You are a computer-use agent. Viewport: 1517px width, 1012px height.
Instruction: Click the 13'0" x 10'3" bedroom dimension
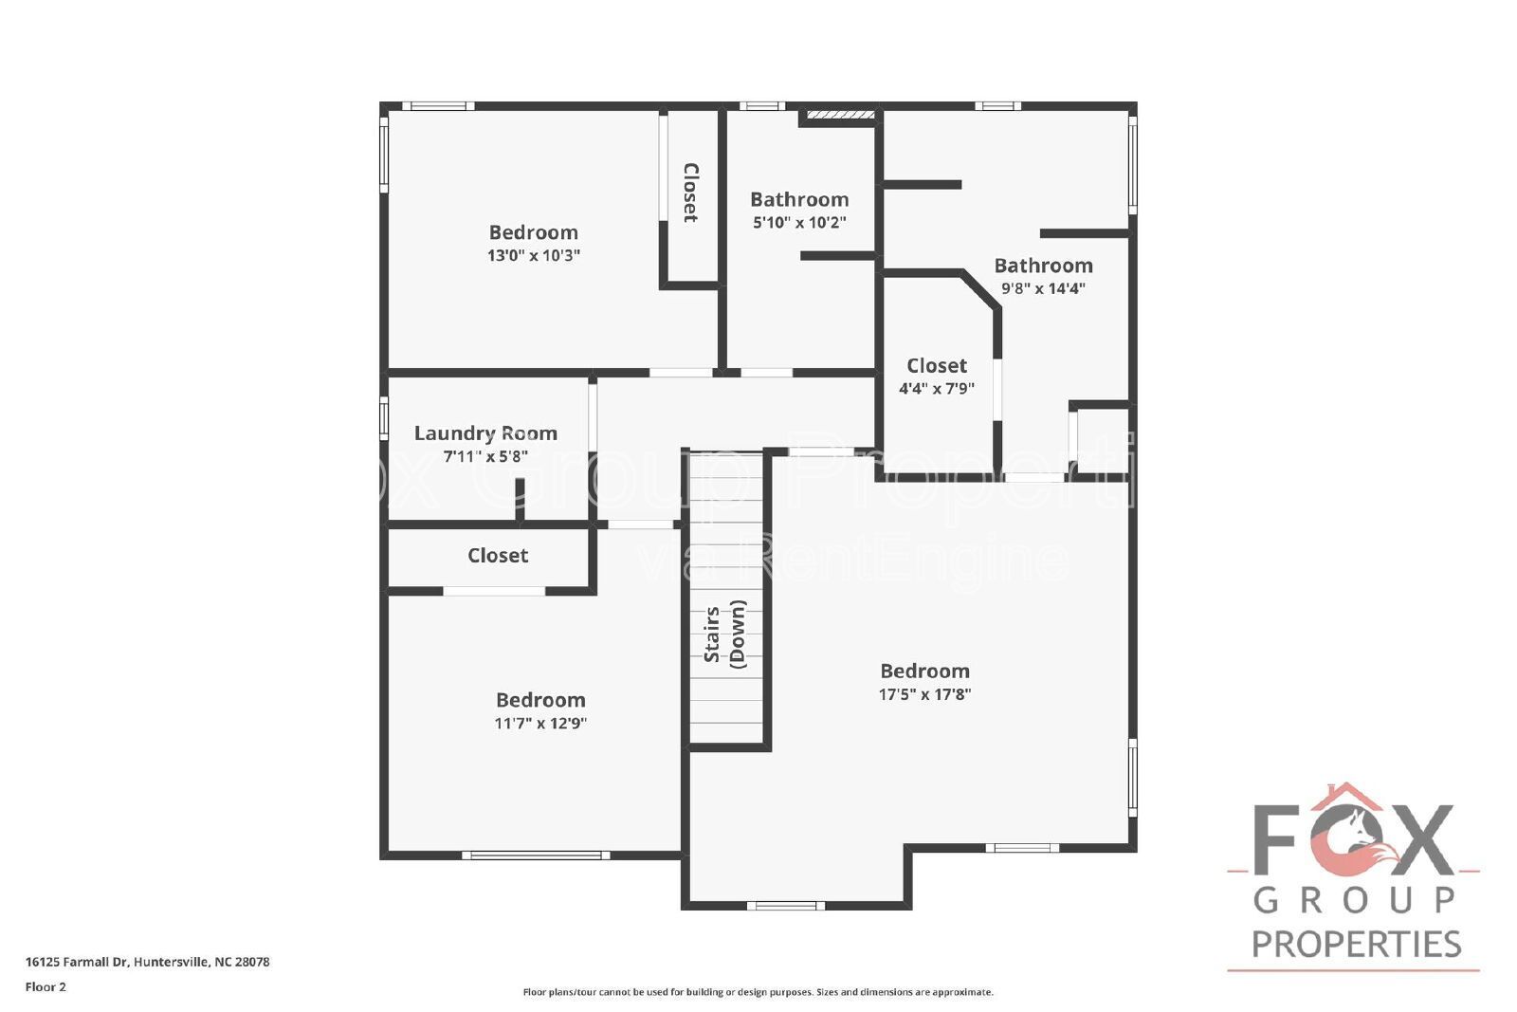pyautogui.click(x=534, y=255)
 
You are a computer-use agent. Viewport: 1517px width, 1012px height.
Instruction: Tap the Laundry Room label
pyautogui.click(x=485, y=433)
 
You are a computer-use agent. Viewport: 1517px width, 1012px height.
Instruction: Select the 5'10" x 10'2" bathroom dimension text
pyautogui.click(x=799, y=222)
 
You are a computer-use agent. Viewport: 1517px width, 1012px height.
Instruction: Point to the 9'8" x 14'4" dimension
pyautogui.click(x=1043, y=288)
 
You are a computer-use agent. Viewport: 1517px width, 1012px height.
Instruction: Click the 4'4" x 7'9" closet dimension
pyautogui.click(x=937, y=389)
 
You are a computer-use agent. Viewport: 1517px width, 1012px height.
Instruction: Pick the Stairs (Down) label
pyautogui.click(x=724, y=634)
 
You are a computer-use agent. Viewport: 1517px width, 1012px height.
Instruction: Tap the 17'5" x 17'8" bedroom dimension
pyautogui.click(x=924, y=694)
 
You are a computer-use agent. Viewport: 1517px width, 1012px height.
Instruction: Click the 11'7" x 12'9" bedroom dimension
pyautogui.click(x=540, y=724)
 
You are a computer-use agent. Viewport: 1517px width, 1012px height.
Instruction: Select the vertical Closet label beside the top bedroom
pyautogui.click(x=690, y=193)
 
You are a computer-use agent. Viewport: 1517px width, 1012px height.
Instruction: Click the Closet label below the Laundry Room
pyautogui.click(x=498, y=556)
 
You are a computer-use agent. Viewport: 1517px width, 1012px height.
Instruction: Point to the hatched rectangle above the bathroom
pyautogui.click(x=840, y=115)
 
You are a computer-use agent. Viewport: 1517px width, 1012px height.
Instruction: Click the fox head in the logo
pyautogui.click(x=1347, y=835)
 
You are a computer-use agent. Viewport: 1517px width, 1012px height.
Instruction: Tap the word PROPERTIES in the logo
pyautogui.click(x=1357, y=945)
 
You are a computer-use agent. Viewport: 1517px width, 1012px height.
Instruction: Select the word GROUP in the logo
pyautogui.click(x=1355, y=900)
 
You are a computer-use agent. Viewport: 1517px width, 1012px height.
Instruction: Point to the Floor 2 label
pyautogui.click(x=46, y=987)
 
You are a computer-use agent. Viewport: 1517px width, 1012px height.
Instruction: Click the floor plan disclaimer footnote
pyautogui.click(x=758, y=992)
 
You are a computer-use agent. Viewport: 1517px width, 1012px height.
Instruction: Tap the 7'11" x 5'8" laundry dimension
pyautogui.click(x=485, y=456)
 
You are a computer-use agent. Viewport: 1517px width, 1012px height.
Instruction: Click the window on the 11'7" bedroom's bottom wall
pyautogui.click(x=536, y=856)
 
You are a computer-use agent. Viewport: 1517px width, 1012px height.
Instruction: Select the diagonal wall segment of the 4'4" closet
pyautogui.click(x=980, y=291)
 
